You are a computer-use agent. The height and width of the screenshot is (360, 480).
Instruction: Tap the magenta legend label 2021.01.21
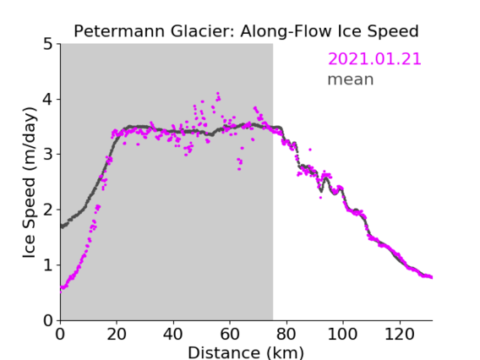tap(374, 59)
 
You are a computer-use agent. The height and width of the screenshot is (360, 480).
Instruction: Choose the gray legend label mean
tap(351, 79)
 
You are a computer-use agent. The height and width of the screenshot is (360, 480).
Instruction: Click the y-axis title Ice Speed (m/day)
tap(30, 183)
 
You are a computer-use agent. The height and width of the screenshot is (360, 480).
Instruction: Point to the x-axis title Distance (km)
tap(246, 352)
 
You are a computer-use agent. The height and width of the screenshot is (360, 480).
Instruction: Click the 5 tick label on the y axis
tap(48, 45)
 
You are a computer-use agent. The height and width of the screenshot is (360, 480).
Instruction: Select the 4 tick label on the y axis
tap(48, 100)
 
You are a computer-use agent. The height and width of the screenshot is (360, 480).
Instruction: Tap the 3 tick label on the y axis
tap(48, 155)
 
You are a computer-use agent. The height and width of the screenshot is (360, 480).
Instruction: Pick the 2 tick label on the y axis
tap(48, 210)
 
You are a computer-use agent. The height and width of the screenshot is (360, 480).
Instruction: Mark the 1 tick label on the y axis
tap(48, 265)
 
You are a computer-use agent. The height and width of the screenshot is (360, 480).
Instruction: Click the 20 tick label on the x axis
tap(117, 334)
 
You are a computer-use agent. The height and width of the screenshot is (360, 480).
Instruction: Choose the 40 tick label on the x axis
tap(173, 334)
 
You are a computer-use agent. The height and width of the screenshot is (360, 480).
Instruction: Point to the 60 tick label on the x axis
tap(230, 334)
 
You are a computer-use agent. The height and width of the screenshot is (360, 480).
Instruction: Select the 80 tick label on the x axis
tap(286, 334)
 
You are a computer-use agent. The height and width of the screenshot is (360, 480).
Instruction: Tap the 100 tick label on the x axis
tap(342, 334)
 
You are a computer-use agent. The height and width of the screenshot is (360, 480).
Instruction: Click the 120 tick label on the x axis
tap(400, 334)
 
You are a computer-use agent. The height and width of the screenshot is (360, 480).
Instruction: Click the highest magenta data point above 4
tap(218, 93)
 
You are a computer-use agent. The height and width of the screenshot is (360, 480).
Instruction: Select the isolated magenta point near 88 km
tap(310, 150)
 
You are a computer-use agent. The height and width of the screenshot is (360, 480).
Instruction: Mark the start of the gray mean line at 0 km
tap(62, 226)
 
